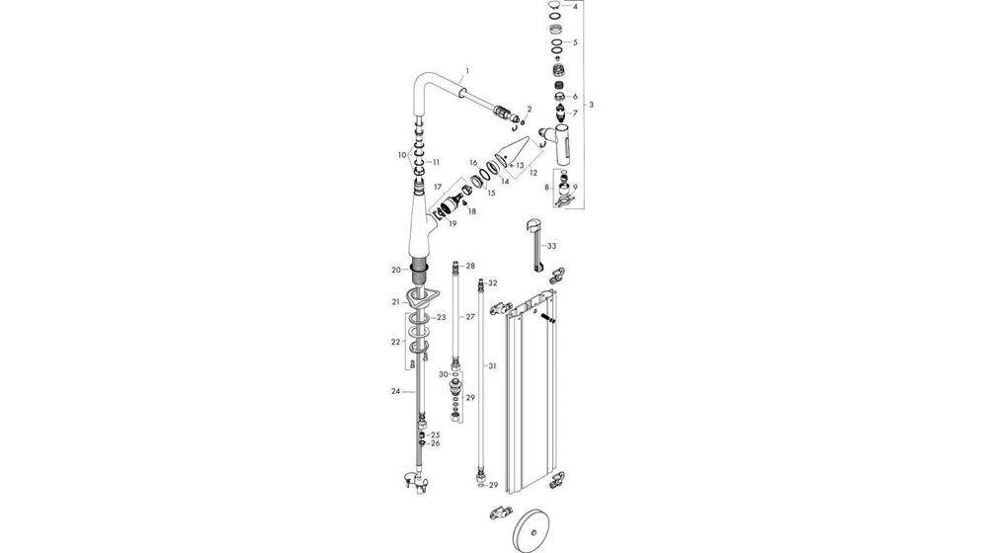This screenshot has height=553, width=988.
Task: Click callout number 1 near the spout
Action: [x=467, y=70]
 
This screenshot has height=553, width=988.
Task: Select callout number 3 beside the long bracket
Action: [x=591, y=105]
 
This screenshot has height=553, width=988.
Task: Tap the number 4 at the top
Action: [x=575, y=7]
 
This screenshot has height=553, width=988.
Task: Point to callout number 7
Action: [x=575, y=113]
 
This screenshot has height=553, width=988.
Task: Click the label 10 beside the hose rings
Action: [x=402, y=155]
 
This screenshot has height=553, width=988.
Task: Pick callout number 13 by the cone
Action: [x=520, y=165]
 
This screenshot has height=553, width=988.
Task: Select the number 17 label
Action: [x=438, y=187]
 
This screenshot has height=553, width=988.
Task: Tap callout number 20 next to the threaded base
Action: [x=396, y=271]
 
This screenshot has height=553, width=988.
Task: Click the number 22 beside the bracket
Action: [x=396, y=342]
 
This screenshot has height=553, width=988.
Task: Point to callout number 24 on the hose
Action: [x=396, y=391]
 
